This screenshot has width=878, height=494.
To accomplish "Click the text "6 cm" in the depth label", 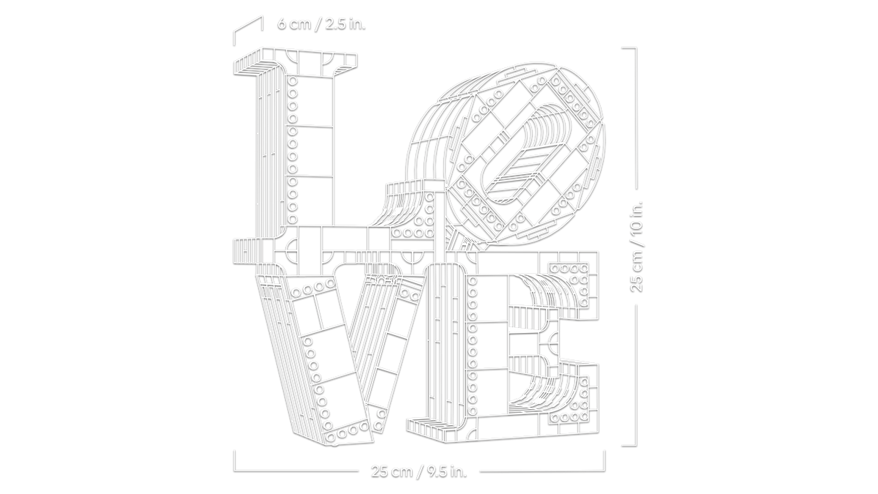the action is pos(294,24).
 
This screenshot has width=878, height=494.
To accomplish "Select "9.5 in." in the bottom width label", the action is pos(447,471).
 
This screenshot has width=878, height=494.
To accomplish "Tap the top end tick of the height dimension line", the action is pos(629,48).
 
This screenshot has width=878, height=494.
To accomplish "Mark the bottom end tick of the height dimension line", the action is pos(629,446).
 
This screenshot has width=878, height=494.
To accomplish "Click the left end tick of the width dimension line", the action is pos(234,460).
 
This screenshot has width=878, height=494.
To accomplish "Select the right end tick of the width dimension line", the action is pos(604,460).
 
